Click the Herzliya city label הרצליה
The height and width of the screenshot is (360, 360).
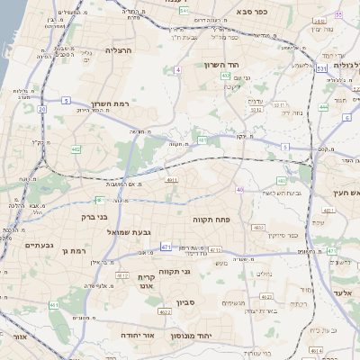click(x=118, y=50)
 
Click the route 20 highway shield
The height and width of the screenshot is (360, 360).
click(x=42, y=108)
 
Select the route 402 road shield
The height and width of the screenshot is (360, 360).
click(x=225, y=76)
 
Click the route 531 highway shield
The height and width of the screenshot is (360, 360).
click(x=321, y=67)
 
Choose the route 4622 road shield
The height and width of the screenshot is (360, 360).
click(x=164, y=312)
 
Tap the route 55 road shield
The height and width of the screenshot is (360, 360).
click(x=338, y=15)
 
